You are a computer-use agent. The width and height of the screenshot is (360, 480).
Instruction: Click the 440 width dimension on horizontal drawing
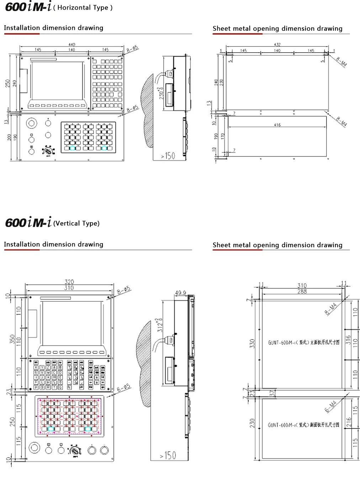tap(72, 45)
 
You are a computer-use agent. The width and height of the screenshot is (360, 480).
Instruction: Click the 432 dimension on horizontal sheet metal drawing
tap(277, 45)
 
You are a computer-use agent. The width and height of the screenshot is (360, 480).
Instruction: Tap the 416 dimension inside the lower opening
tap(277, 125)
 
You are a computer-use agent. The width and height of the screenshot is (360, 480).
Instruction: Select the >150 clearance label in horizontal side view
tap(168, 156)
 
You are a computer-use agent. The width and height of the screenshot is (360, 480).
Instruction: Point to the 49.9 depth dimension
tap(180, 293)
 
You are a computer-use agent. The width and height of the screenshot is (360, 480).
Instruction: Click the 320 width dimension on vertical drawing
tap(69, 282)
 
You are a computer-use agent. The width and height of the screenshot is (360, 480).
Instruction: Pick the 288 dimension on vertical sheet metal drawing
tap(302, 291)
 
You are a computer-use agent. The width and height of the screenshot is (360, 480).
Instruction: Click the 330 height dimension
tap(252, 343)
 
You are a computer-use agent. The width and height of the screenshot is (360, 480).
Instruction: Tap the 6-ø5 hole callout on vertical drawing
tap(124, 388)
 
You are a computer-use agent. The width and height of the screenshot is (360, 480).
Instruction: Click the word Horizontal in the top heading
tap(73, 8)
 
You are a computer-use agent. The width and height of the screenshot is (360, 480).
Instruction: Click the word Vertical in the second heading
tap(67, 223)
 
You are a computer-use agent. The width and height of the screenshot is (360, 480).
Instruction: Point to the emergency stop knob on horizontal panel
tap(32, 123)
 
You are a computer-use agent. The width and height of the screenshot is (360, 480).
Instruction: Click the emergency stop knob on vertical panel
tap(35, 448)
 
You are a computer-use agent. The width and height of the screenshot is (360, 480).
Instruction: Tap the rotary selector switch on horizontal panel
tap(47, 151)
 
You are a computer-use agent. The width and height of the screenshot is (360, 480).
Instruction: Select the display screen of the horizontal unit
tap(58, 81)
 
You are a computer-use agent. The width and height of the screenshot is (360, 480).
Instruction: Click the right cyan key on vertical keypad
tap(88, 429)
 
